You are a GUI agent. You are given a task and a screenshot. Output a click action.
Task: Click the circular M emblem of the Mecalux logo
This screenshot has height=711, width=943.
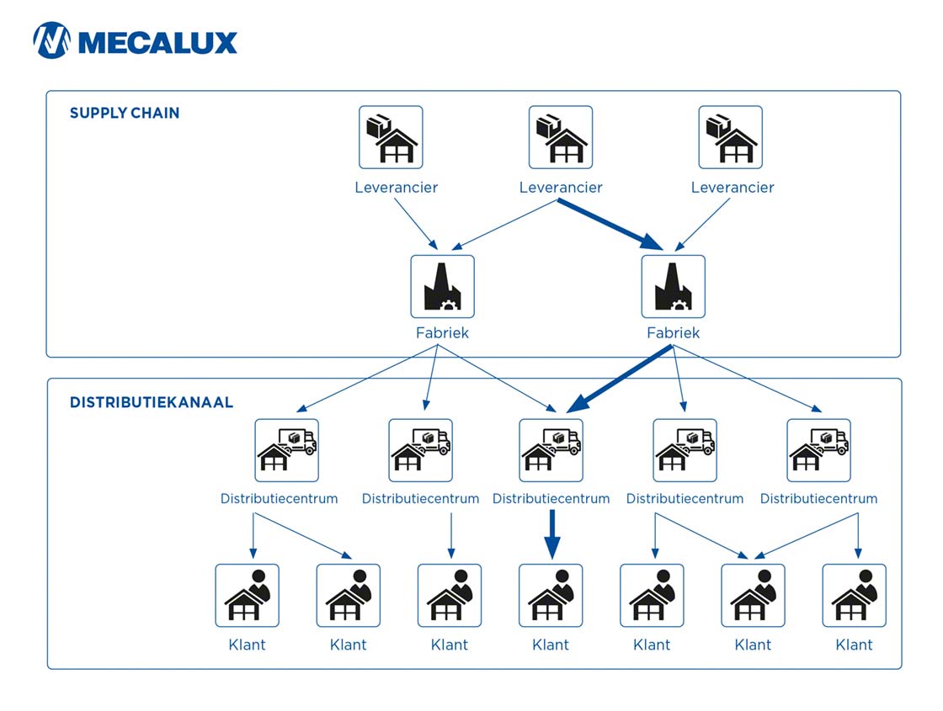click(x=51, y=40)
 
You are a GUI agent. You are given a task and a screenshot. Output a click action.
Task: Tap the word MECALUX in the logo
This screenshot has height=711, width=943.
click(x=157, y=41)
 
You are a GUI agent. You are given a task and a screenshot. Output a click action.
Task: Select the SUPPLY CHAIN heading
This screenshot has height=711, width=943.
click(x=124, y=113)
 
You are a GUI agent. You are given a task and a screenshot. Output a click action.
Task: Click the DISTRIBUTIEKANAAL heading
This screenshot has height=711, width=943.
click(x=151, y=402)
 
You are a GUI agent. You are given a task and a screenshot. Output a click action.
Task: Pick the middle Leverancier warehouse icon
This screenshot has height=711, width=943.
click(x=560, y=137)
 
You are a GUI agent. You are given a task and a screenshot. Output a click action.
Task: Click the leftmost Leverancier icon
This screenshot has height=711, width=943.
click(x=391, y=137)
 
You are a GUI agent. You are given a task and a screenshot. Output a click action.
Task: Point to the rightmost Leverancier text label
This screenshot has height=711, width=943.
click(x=732, y=188)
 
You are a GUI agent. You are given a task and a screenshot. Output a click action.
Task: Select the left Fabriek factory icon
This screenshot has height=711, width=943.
click(x=442, y=287)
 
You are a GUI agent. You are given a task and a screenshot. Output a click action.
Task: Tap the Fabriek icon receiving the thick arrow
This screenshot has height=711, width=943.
click(x=673, y=287)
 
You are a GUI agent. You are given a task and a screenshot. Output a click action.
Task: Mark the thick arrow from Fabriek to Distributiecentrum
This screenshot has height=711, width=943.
click(x=621, y=379)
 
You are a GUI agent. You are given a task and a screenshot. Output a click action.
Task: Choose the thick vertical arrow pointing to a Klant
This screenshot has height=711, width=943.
click(x=551, y=533)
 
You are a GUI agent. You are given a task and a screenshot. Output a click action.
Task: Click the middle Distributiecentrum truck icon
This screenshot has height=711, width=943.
click(x=551, y=450)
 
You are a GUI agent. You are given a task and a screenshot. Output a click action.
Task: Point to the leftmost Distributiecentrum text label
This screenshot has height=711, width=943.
click(x=279, y=499)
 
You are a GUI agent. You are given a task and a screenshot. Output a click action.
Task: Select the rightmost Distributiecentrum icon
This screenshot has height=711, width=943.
click(x=818, y=450)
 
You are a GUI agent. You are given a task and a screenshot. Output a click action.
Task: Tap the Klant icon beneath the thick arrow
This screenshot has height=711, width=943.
click(x=551, y=596)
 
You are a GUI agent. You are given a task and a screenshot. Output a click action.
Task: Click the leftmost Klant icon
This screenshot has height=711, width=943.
click(x=247, y=596)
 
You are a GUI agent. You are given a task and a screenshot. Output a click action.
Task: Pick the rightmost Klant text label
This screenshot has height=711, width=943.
click(x=854, y=645)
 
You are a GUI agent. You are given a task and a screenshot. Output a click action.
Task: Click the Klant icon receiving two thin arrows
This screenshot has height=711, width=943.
click(x=753, y=596)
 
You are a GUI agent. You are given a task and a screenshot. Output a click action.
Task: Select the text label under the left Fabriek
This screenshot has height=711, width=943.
click(x=442, y=333)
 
